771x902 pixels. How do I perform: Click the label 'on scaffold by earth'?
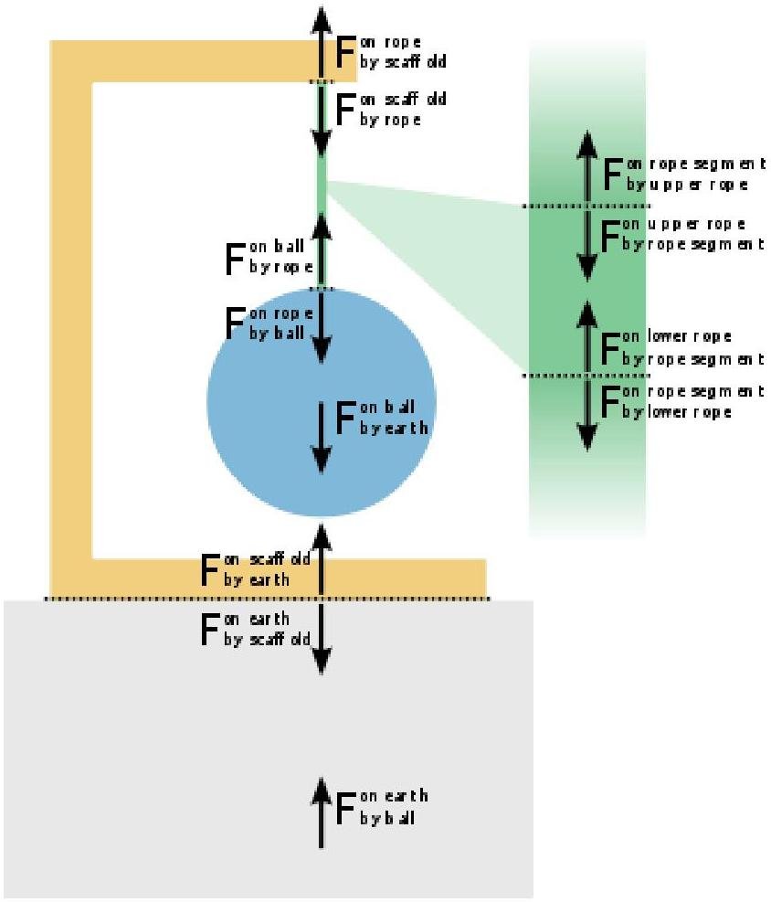tap(258, 569)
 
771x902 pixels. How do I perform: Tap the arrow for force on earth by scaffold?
tap(320, 636)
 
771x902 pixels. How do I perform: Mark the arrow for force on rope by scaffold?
tap(320, 42)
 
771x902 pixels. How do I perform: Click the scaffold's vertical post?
tap(69, 320)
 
